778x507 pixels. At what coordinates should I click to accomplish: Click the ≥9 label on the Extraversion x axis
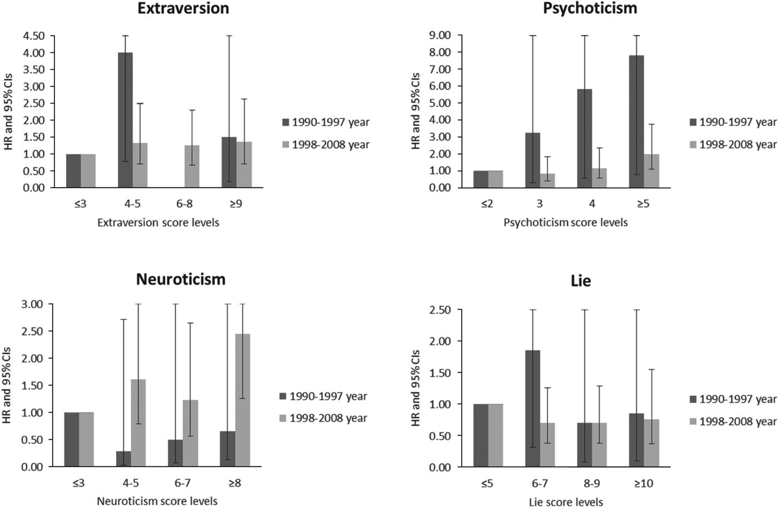coord(236,204)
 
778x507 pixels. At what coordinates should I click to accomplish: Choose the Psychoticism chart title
coord(590,8)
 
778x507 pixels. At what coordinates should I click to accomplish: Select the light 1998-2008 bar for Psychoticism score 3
coord(547,180)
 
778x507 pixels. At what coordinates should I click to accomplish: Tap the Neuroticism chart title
coord(181,279)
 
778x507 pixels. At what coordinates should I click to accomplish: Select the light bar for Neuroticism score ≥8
coord(242,400)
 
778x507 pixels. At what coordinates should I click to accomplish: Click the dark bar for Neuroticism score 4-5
coord(123,459)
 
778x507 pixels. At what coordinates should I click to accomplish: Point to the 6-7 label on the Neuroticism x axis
coord(183,483)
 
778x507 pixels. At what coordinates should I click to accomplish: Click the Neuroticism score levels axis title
coord(157,501)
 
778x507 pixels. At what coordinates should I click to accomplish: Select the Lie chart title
coord(581,281)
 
